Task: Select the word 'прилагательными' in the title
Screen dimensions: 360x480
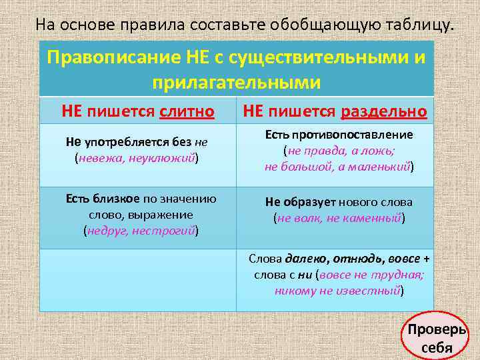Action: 237,82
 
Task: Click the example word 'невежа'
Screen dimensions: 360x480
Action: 97,158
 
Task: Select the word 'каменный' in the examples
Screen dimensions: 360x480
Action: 373,217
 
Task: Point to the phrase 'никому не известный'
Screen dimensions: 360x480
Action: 337,290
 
